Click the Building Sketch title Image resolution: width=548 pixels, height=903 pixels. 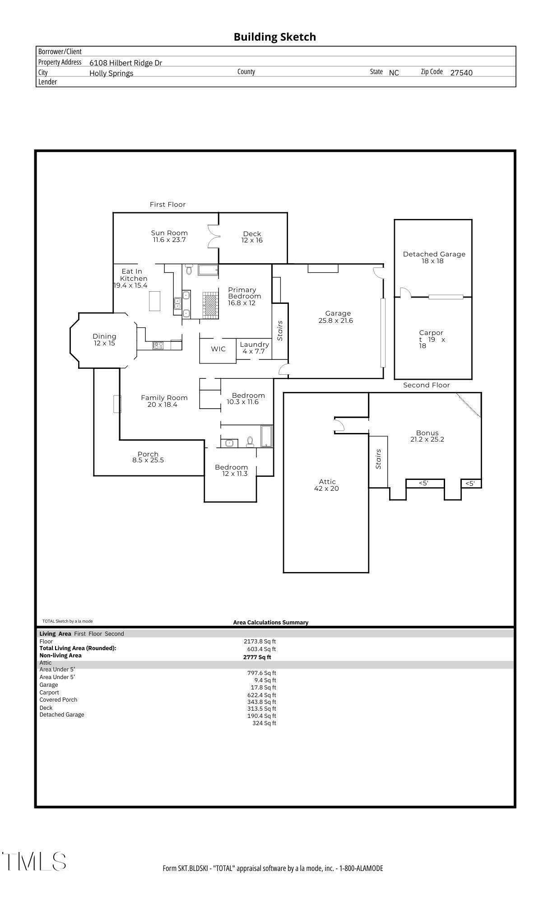pyautogui.click(x=274, y=37)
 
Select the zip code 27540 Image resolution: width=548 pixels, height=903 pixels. pyautogui.click(x=461, y=73)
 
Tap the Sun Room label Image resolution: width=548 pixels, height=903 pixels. pyautogui.click(x=169, y=236)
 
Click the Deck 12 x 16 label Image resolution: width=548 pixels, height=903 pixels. pyautogui.click(x=252, y=237)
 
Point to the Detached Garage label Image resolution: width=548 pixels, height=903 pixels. pyautogui.click(x=434, y=257)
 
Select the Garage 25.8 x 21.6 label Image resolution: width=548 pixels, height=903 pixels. pyautogui.click(x=336, y=317)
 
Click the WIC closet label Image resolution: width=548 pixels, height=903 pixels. pyautogui.click(x=218, y=349)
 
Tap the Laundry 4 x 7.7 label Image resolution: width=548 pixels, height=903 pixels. pyautogui.click(x=254, y=348)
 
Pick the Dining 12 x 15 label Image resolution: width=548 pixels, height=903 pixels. pyautogui.click(x=104, y=340)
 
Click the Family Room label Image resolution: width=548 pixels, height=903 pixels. pyautogui.click(x=163, y=401)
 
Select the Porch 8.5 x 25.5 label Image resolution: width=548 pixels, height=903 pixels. pyautogui.click(x=148, y=457)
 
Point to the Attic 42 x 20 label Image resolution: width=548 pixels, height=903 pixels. pyautogui.click(x=327, y=485)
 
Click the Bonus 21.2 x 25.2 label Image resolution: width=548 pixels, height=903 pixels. pyautogui.click(x=427, y=436)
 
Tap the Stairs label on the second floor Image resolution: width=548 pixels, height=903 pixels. pyautogui.click(x=379, y=459)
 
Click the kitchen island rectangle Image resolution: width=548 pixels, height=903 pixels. pyautogui.click(x=154, y=301)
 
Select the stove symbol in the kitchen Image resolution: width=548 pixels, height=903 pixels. pyautogui.click(x=158, y=345)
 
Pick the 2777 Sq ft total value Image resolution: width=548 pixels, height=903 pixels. pyautogui.click(x=257, y=657)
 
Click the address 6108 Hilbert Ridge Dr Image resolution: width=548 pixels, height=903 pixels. pyautogui.click(x=125, y=63)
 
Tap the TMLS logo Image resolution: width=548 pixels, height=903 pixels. pyautogui.click(x=34, y=861)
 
